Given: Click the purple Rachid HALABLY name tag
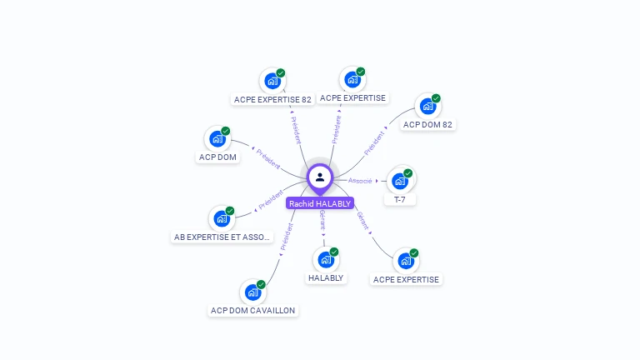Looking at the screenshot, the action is click(x=320, y=203).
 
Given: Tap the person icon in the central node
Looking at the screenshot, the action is click(x=320, y=177).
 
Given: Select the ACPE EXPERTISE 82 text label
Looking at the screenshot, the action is click(x=272, y=99).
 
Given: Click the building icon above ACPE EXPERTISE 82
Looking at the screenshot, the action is click(x=272, y=81).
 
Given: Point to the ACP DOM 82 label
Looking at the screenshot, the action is click(x=427, y=125).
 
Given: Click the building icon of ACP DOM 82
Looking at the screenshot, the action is click(x=427, y=107).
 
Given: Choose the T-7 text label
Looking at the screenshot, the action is click(x=400, y=200).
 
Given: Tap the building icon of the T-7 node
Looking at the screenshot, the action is click(x=400, y=181).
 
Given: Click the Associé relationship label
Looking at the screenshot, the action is click(x=360, y=181).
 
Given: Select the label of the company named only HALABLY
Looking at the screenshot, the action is click(x=326, y=277).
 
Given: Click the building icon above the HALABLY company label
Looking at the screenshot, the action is click(x=326, y=259).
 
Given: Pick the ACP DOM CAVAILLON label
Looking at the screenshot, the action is click(x=252, y=310).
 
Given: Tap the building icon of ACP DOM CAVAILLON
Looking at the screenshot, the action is click(x=252, y=292).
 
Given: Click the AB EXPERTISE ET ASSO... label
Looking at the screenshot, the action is click(x=222, y=237).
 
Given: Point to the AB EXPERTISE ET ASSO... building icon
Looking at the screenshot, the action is click(x=221, y=218).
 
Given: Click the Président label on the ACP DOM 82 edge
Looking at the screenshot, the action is click(x=374, y=142).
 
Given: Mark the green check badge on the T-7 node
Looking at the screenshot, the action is click(x=408, y=173).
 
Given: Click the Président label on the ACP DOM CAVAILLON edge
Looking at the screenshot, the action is click(x=287, y=237).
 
